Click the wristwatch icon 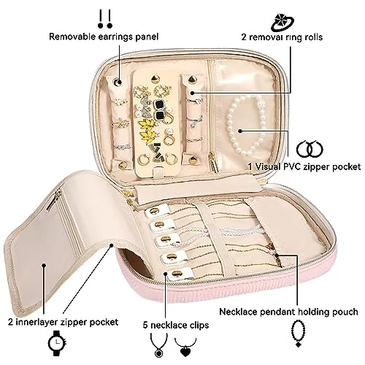click(57, 343)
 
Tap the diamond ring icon click(283, 23)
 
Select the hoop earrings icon click(310, 149)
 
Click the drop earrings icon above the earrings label click(105, 19)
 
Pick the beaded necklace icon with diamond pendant click(298, 334)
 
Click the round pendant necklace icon click(159, 345)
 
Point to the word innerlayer click(36, 322)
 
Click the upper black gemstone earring click(161, 104)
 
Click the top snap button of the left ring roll click(118, 82)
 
